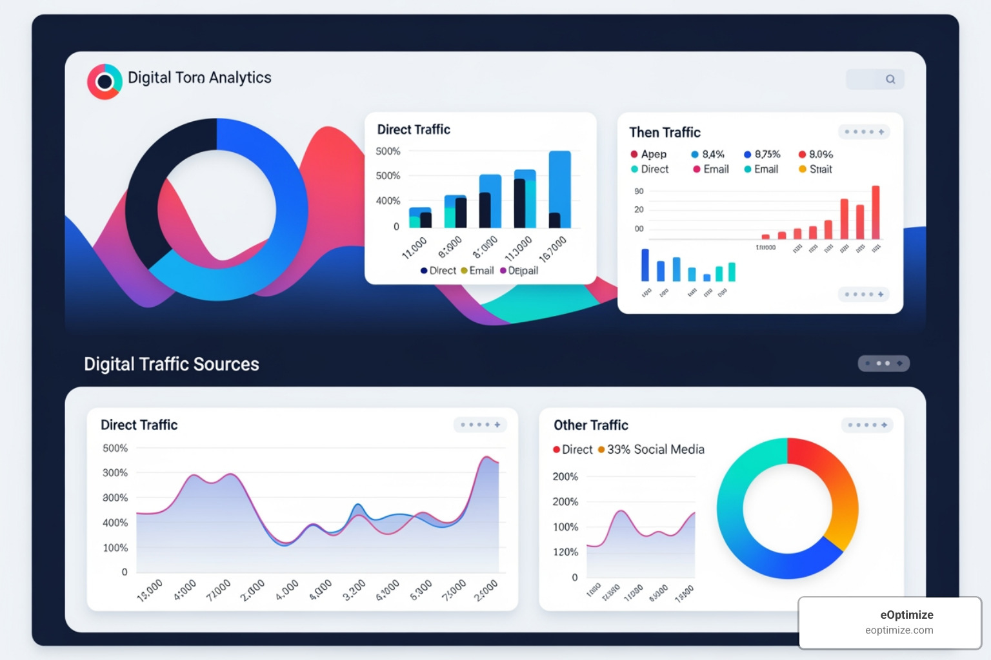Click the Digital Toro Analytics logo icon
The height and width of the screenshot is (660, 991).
click(105, 82)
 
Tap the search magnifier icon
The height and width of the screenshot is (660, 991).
click(890, 79)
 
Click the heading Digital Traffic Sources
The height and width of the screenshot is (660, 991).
click(172, 364)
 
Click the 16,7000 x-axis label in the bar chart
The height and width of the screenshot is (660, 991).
click(553, 249)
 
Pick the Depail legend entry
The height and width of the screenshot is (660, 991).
click(519, 271)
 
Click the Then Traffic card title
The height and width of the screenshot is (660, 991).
click(665, 132)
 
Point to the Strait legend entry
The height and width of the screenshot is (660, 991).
click(816, 169)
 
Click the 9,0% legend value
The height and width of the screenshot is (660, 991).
click(817, 154)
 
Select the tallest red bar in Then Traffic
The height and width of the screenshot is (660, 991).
click(876, 212)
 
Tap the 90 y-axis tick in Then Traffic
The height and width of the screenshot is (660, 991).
click(639, 191)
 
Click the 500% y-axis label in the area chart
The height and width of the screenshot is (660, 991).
click(115, 448)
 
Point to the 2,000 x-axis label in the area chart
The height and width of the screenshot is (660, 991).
click(252, 590)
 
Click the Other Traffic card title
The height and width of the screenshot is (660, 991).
click(591, 425)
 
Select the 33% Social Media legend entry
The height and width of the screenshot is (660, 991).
click(652, 449)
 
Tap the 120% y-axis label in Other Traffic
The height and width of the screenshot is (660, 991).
click(565, 552)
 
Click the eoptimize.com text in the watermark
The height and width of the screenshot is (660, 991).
click(899, 630)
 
